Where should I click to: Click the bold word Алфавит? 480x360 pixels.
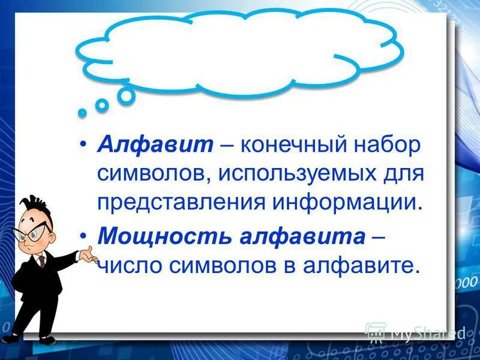(x=155, y=145)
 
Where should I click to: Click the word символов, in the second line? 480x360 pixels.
(x=153, y=173)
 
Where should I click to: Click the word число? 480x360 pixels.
(x=128, y=265)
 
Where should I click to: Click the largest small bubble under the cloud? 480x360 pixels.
(x=126, y=96)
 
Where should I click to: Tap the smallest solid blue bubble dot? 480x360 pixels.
(x=82, y=112)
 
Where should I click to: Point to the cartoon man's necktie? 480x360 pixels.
(x=43, y=261)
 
